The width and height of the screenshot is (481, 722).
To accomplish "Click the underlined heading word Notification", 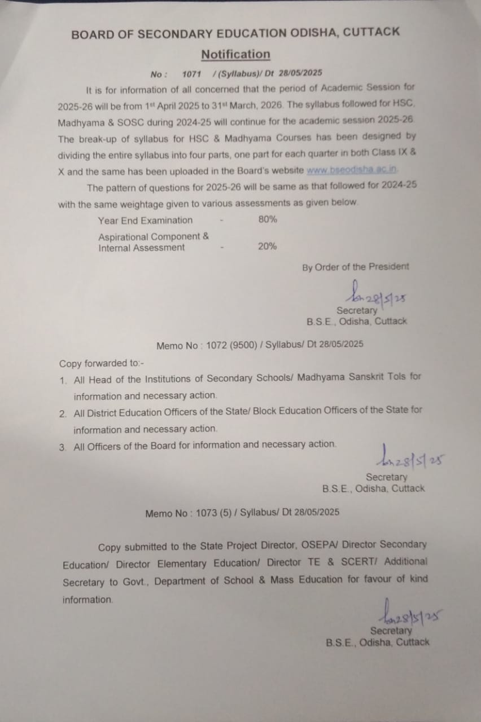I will coord(235,55).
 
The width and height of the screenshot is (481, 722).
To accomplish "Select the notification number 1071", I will coord(192,73).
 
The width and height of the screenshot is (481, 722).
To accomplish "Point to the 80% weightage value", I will coord(268,220).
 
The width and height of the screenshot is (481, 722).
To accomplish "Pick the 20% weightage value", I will coord(268,246).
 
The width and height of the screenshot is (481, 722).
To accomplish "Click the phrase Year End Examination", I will coord(145,221).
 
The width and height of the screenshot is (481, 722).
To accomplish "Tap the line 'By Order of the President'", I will coord(356,267).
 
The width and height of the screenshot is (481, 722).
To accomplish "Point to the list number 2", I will coord(63,413).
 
